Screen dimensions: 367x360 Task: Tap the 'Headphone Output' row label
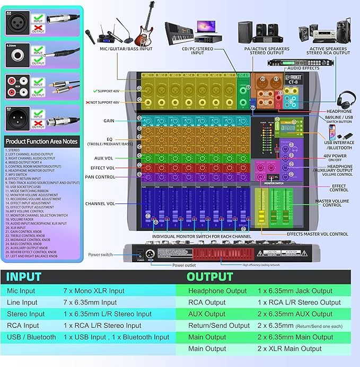click(x=217, y=290)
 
